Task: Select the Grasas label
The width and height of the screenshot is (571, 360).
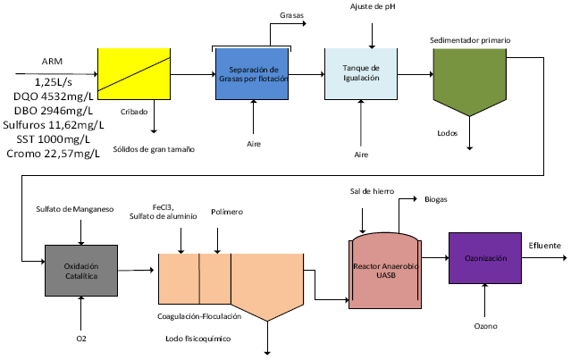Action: pyautogui.click(x=290, y=16)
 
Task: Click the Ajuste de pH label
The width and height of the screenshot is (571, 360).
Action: pyautogui.click(x=371, y=6)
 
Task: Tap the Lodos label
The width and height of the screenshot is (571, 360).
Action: pyautogui.click(x=448, y=133)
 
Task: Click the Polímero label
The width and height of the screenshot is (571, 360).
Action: pyautogui.click(x=226, y=212)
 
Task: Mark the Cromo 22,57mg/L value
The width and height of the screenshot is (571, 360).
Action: pyautogui.click(x=59, y=154)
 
